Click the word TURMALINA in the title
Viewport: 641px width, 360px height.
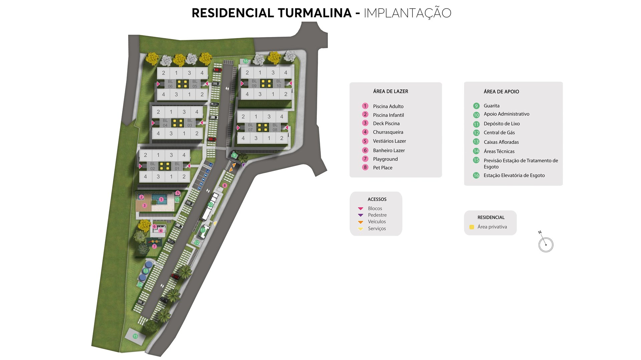pyautogui.click(x=314, y=13)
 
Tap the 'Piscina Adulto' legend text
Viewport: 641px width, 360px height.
pyautogui.click(x=388, y=106)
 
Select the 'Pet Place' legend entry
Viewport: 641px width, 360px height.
pyautogui.click(x=382, y=168)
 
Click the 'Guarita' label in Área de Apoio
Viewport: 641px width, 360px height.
pyautogui.click(x=491, y=106)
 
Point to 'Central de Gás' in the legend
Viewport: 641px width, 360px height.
pyautogui.click(x=499, y=133)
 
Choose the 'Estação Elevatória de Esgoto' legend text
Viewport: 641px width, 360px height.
pyautogui.click(x=514, y=175)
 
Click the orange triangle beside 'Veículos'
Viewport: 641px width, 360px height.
pyautogui.click(x=361, y=222)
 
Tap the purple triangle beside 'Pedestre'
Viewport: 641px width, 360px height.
pyautogui.click(x=361, y=215)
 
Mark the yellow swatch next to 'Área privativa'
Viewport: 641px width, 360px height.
pyautogui.click(x=471, y=227)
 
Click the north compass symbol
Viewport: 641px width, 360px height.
pyautogui.click(x=546, y=244)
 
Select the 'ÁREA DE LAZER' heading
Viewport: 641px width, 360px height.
pyautogui.click(x=390, y=91)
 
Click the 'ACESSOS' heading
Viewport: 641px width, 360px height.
pyautogui.click(x=377, y=200)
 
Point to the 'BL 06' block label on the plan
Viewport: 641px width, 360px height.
pyautogui.click(x=170, y=84)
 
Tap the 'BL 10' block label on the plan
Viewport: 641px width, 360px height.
pyautogui.click(x=279, y=83)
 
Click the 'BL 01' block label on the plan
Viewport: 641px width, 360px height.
pyautogui.click(x=177, y=166)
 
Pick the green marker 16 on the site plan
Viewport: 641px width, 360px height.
pyautogui.click(x=245, y=61)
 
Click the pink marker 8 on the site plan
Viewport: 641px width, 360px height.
pyautogui.click(x=224, y=186)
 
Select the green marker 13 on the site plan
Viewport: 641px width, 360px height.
pyautogui.click(x=146, y=271)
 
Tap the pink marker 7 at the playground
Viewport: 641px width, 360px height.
pyautogui.click(x=154, y=247)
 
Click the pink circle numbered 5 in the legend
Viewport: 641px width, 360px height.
pyautogui.click(x=365, y=141)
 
